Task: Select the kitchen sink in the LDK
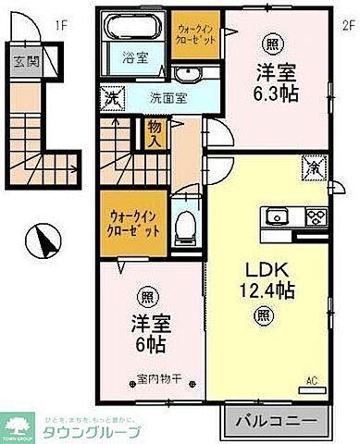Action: click(278, 219)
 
